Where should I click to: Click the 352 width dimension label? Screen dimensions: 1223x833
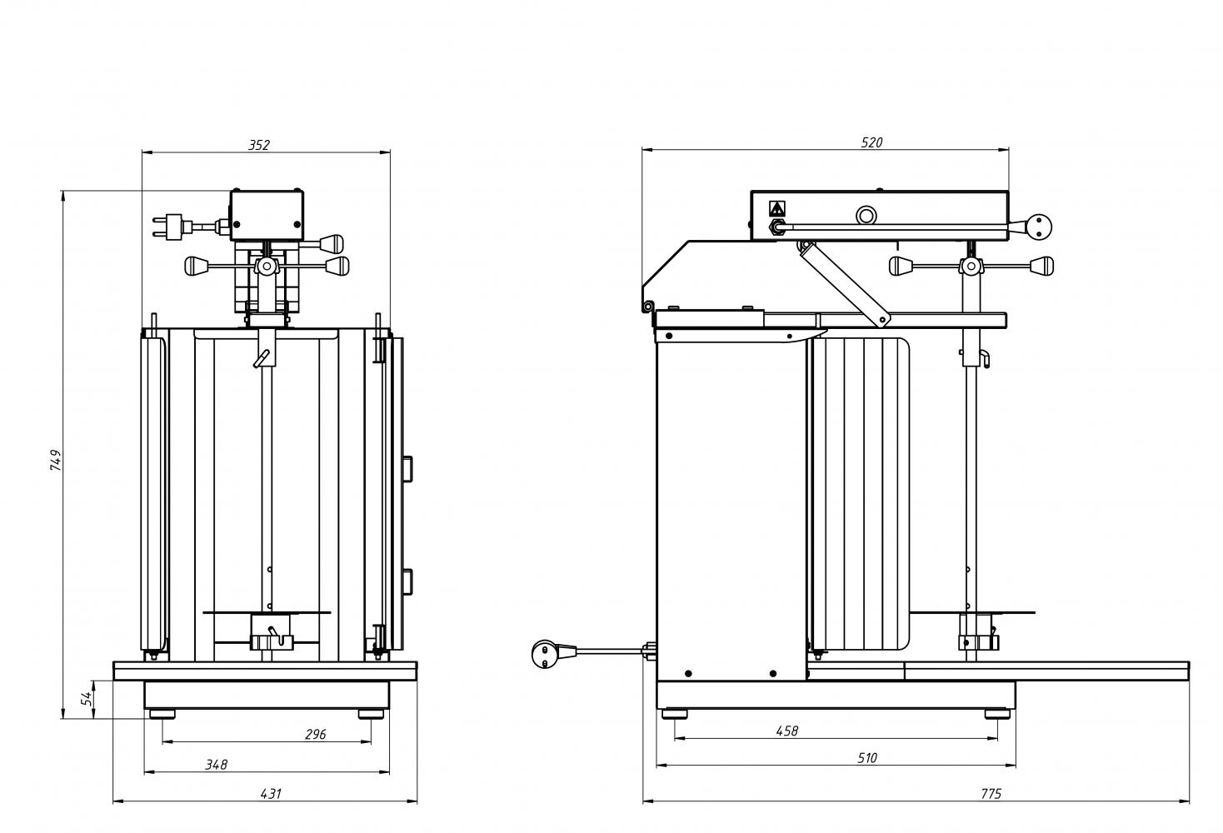point(259,145)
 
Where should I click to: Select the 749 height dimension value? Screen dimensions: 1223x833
point(56,460)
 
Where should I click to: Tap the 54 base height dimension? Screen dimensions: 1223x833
point(87,698)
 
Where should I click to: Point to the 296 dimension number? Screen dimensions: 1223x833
point(316,734)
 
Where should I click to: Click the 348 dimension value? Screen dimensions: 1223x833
point(217,765)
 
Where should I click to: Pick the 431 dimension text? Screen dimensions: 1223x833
point(271,794)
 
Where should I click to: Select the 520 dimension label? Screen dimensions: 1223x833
point(871,142)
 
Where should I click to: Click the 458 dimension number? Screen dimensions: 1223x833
point(787,731)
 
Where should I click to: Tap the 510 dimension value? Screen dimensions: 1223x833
point(867,758)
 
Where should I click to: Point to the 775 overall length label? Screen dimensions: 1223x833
point(991,794)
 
